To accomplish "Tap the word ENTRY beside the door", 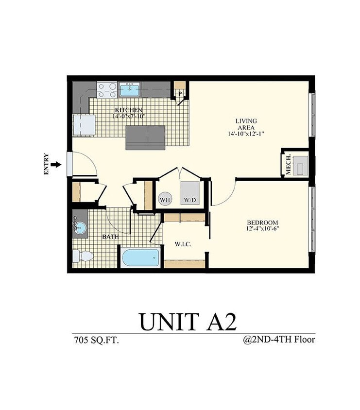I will click(47, 164).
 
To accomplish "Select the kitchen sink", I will click(129, 89).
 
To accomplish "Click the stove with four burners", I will click(107, 89).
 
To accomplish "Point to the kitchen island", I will click(146, 137).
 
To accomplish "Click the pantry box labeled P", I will click(180, 91).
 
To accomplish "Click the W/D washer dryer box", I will click(190, 193).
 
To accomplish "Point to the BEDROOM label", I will click(262, 223).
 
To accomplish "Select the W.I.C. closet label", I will click(183, 244).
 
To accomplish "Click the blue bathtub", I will click(141, 257).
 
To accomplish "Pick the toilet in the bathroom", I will click(83, 256).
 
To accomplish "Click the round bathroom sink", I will click(81, 228).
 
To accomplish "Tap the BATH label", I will click(110, 237).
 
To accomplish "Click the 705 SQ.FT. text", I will click(95, 340).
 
